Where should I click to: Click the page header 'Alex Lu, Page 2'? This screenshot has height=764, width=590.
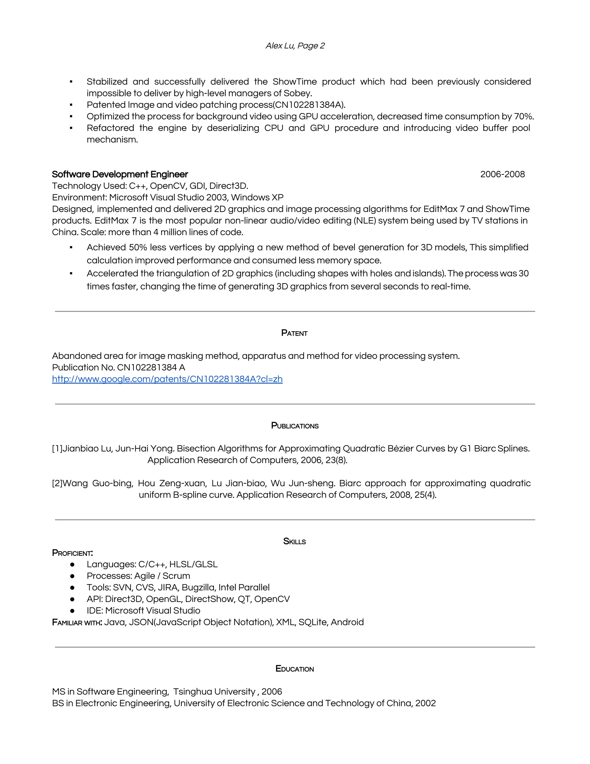[295, 46]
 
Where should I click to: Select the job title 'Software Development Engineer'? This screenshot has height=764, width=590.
[120, 174]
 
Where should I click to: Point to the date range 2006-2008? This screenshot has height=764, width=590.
[502, 174]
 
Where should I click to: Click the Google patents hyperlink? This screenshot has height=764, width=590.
[167, 379]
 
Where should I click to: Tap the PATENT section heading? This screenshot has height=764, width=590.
[294, 333]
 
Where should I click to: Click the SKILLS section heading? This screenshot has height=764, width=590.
[294, 541]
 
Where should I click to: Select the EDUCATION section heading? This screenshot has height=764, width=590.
[295, 669]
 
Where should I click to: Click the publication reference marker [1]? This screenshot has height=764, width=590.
[57, 449]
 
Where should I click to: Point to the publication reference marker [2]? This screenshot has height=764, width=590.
[57, 483]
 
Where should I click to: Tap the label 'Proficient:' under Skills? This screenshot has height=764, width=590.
[72, 553]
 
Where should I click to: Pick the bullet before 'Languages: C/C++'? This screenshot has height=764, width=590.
[72, 564]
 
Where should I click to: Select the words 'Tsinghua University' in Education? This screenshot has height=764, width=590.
[214, 692]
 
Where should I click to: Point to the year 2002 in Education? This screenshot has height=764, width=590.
[426, 703]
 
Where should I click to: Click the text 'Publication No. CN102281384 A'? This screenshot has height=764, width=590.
[118, 367]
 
